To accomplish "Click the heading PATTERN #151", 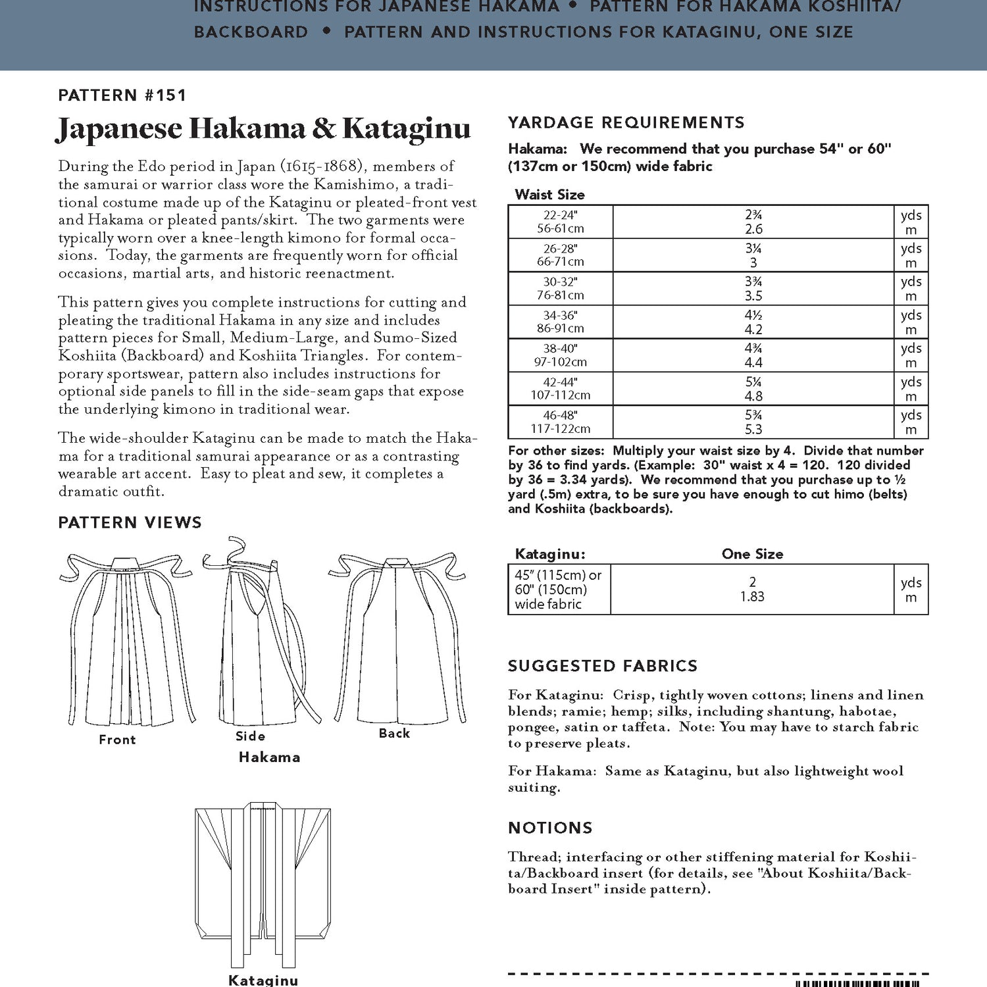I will tap(122, 95).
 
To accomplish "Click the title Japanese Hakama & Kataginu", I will tap(263, 129).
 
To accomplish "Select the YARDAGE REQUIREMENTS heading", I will tap(626, 122).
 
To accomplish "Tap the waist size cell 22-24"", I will tap(560, 222).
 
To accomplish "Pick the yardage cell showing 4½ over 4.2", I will tap(753, 322).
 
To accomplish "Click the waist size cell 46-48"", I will tap(560, 422).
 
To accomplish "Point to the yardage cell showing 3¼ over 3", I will tap(753, 255).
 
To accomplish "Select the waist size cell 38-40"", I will tap(560, 355).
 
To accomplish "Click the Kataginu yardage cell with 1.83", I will tap(752, 590).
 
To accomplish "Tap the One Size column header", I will tap(752, 554).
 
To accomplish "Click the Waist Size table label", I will tap(549, 195).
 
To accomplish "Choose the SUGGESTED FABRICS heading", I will tap(602, 666).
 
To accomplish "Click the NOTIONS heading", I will tap(550, 828).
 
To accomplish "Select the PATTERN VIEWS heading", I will tap(130, 522).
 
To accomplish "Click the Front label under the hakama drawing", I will tap(117, 740).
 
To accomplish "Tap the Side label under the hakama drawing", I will tap(250, 736).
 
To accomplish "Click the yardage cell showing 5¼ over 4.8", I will tap(753, 389).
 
